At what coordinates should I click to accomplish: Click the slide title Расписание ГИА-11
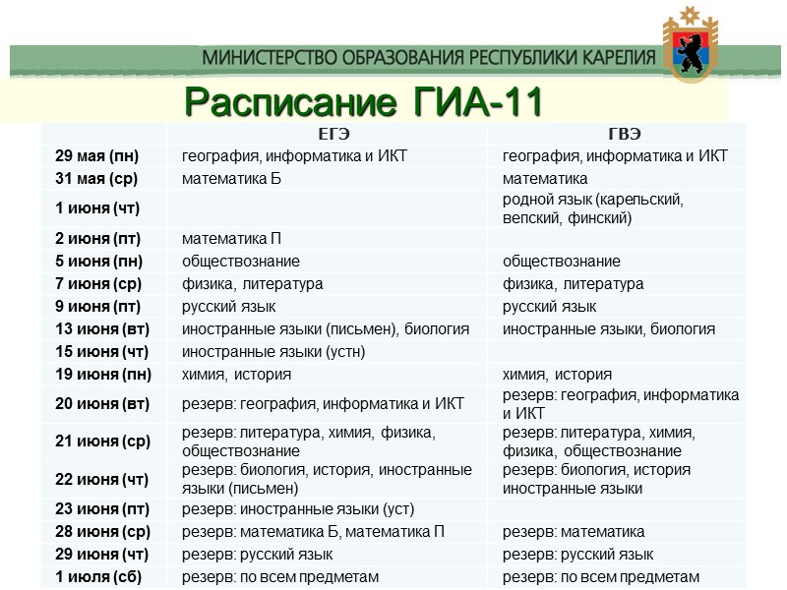[x=364, y=100]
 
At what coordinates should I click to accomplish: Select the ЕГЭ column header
[x=333, y=134]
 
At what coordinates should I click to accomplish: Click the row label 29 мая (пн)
[x=97, y=155]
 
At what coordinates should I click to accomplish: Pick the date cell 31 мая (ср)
[x=96, y=178]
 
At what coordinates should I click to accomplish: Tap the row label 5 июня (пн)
[x=98, y=261]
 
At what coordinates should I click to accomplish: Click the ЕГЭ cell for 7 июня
[x=253, y=283]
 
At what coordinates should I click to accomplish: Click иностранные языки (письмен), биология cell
[x=325, y=328]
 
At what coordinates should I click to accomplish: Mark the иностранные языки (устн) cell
[x=273, y=351]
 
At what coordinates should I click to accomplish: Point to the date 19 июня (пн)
[x=101, y=374]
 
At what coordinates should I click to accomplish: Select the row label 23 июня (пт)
[x=100, y=508]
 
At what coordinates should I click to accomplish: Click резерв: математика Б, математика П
[x=313, y=531]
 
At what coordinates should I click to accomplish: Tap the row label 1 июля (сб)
[x=98, y=576]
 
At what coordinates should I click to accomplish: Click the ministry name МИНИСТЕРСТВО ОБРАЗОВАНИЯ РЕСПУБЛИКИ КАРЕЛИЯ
[x=429, y=57]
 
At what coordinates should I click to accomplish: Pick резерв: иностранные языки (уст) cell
[x=298, y=508]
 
